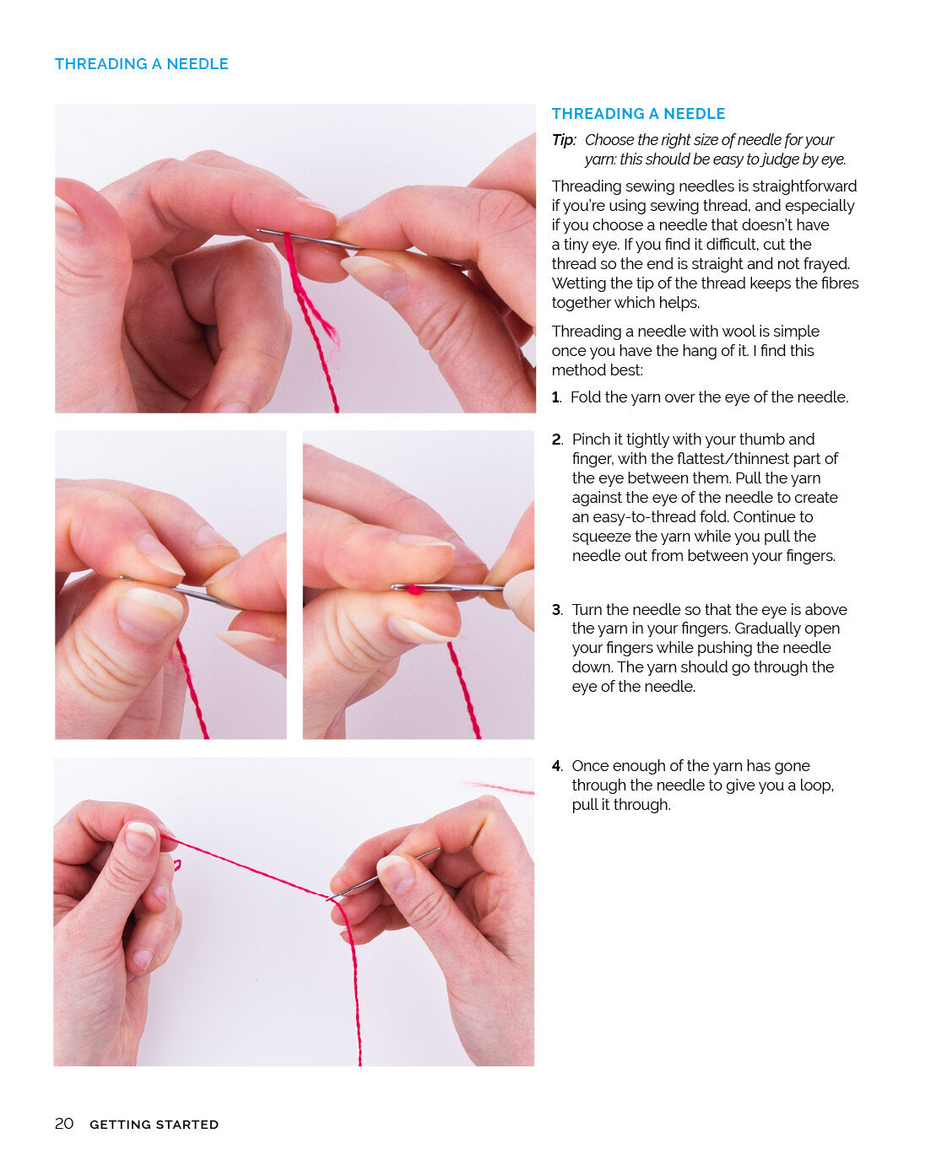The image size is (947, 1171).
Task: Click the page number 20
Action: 64,1124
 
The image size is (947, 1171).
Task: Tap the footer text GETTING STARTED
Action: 154,1125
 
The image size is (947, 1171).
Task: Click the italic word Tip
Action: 563,140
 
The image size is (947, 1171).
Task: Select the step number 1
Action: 555,397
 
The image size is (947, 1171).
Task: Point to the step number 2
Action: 556,440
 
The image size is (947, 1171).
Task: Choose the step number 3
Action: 556,610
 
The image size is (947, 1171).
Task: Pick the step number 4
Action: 556,766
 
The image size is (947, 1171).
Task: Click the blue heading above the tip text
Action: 638,114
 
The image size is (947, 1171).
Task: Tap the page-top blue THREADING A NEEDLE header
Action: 141,64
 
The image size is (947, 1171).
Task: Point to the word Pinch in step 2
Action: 591,440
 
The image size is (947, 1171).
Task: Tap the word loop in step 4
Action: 815,785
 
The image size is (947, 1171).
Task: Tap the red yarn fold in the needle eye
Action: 414,589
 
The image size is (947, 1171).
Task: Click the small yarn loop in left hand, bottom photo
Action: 176,864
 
